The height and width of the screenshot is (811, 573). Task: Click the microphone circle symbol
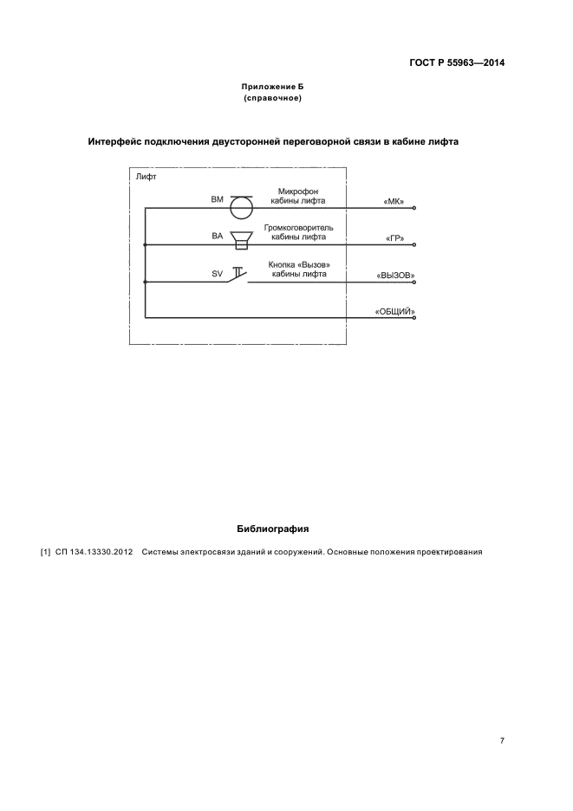(x=240, y=208)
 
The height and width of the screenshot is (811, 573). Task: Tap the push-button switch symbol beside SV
(x=237, y=275)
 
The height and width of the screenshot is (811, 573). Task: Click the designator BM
(x=217, y=199)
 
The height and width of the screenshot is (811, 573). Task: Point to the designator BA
(x=217, y=236)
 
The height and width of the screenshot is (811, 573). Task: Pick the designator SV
(x=217, y=273)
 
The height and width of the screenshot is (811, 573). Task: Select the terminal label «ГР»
(x=394, y=237)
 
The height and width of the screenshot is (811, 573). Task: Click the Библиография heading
(x=272, y=528)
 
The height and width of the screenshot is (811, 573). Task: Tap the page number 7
(x=502, y=741)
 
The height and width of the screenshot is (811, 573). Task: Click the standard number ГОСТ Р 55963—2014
(x=457, y=63)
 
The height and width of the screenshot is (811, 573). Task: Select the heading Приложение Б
(x=272, y=88)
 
